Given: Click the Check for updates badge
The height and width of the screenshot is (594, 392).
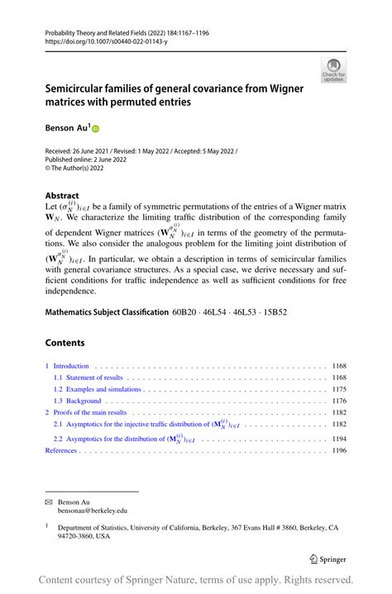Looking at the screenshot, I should pos(332,70).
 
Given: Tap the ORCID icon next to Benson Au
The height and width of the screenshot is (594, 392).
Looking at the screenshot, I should pos(95,129).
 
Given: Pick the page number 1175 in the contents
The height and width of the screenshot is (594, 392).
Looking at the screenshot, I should pos(339,388).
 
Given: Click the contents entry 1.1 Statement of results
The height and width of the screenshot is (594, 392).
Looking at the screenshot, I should pos(88,377).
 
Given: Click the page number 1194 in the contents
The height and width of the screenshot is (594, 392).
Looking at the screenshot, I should pos(339,439).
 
